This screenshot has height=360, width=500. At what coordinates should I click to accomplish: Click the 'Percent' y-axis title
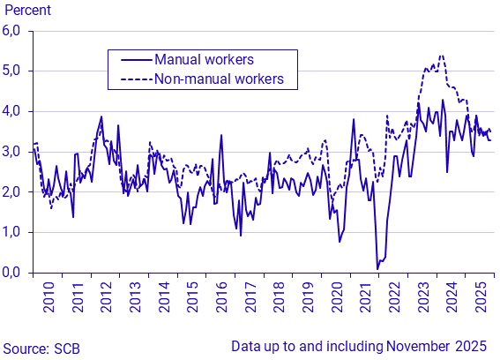pos(26,11)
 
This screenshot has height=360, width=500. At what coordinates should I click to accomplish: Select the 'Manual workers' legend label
pos(204,60)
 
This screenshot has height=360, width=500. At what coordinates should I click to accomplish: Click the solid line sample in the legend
pos(130,60)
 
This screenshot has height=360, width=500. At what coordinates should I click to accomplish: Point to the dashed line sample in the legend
pos(130,79)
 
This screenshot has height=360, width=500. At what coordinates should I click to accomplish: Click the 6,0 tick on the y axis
pos(15,31)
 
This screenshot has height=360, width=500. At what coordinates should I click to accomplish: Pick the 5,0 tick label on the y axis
pos(15,71)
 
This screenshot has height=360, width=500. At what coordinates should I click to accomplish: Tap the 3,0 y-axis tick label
pos(15,152)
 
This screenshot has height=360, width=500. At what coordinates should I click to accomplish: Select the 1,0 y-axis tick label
pos(15,232)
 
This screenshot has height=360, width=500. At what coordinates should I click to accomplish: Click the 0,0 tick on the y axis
pos(15,272)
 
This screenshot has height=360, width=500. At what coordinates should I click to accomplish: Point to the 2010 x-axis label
pos(49,300)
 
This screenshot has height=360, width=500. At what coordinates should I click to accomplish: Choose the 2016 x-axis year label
pos(220,300)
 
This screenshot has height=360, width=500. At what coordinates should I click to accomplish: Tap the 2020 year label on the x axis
pos(336,300)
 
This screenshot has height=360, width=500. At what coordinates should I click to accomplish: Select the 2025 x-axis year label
pos(481,300)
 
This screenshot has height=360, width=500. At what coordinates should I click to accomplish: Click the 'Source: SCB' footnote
pos(41,349)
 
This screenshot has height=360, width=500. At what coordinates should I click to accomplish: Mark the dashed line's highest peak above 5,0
pos(441,56)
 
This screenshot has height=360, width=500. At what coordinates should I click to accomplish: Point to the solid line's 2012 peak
pos(101,116)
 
